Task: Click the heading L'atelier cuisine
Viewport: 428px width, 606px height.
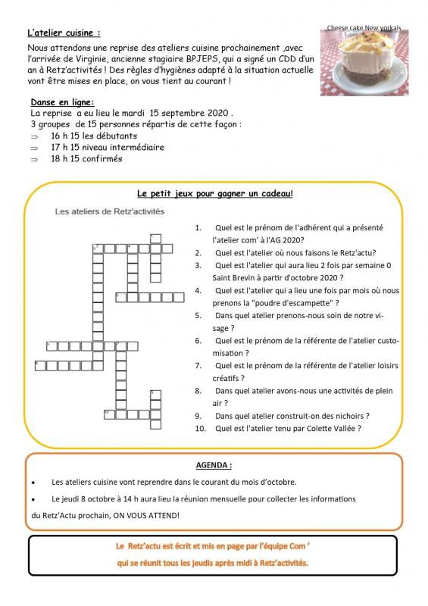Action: click(x=64, y=33)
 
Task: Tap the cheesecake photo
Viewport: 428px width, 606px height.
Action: click(x=364, y=63)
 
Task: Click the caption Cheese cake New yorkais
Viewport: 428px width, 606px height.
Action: click(x=364, y=28)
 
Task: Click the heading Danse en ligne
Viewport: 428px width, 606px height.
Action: click(x=62, y=102)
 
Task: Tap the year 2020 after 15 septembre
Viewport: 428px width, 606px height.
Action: click(x=217, y=113)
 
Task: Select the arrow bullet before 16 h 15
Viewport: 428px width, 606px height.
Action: click(x=34, y=136)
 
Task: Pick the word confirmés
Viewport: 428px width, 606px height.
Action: click(x=102, y=158)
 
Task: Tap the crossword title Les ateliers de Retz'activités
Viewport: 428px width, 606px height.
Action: click(x=109, y=211)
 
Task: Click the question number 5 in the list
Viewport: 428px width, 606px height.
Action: click(x=198, y=316)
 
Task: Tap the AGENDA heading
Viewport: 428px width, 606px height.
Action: click(x=214, y=465)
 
